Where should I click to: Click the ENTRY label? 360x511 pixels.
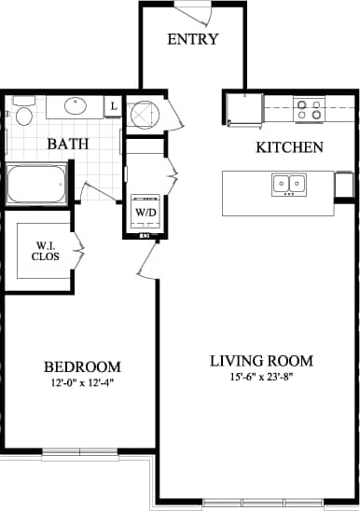(193, 39)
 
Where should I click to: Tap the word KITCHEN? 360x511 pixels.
(289, 147)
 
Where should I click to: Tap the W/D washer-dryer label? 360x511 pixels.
(145, 212)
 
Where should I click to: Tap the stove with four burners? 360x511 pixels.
(309, 109)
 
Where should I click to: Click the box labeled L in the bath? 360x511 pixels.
(114, 107)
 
